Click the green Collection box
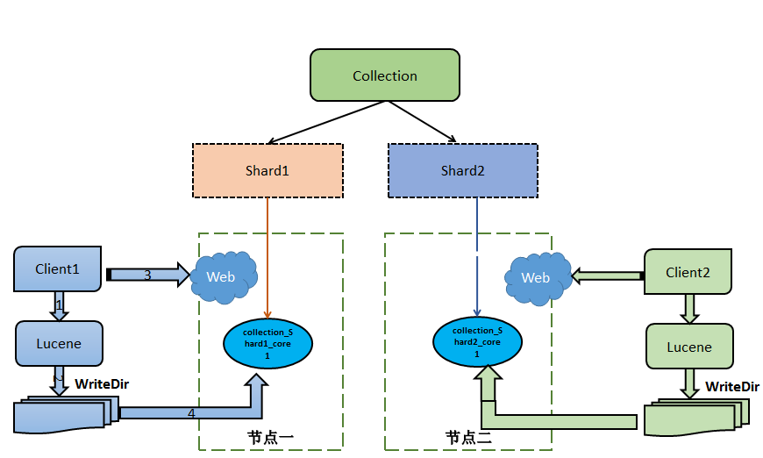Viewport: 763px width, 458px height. click(385, 75)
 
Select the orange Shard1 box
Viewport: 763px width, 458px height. click(267, 170)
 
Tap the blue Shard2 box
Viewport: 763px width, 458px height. click(463, 170)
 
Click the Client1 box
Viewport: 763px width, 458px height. click(57, 268)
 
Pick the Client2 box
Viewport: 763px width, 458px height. click(688, 272)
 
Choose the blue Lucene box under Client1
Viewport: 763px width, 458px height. click(59, 343)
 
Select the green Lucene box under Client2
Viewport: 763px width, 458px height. click(689, 347)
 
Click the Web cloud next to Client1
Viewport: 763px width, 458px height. click(224, 277)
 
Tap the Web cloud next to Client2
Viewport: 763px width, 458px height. click(538, 278)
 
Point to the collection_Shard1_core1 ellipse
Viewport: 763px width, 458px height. click(267, 344)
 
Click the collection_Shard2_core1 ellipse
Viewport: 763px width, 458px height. click(477, 341)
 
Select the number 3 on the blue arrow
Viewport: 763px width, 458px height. click(147, 276)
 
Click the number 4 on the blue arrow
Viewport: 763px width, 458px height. click(191, 413)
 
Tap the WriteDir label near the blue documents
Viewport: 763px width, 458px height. click(102, 384)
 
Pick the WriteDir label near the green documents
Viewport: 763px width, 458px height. click(732, 386)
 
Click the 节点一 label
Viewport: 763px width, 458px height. click(270, 437)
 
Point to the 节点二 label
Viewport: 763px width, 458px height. click(468, 437)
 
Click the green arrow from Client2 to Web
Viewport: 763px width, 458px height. click(608, 276)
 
